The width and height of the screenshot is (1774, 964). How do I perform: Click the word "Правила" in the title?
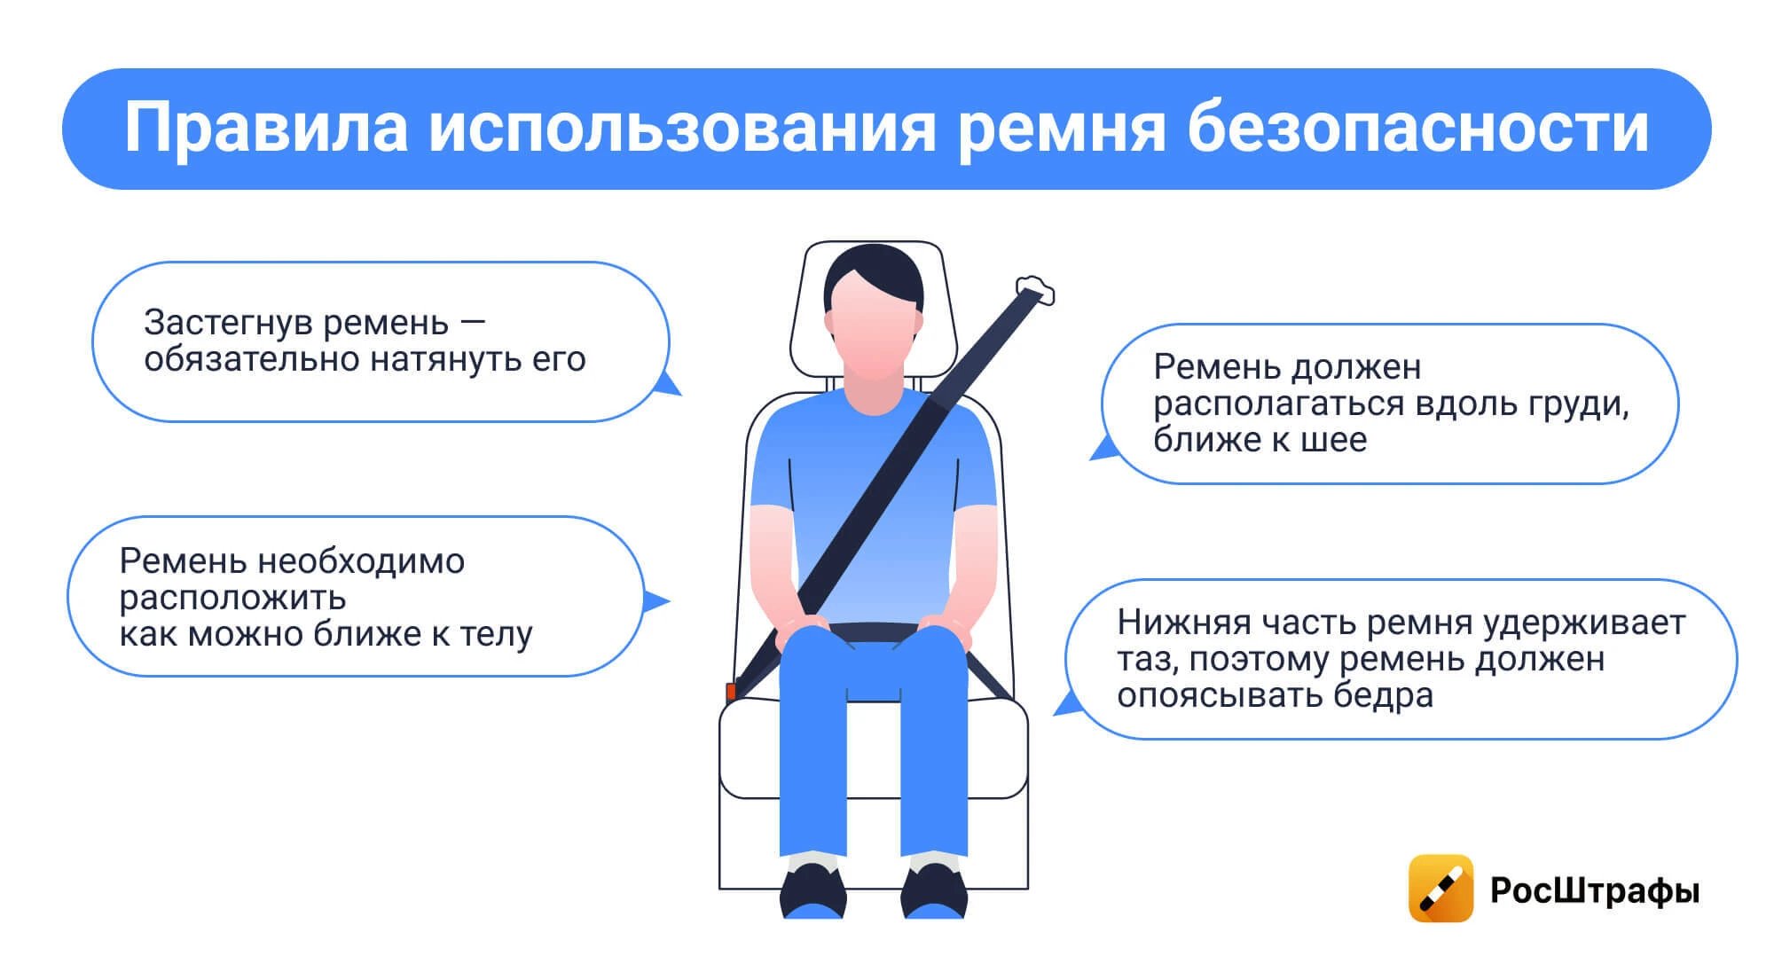[x=266, y=129]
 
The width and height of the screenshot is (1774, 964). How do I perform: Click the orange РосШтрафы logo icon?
[x=1440, y=888]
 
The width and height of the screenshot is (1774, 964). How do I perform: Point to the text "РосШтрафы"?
[x=1595, y=890]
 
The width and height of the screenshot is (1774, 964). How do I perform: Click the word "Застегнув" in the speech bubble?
[x=228, y=323]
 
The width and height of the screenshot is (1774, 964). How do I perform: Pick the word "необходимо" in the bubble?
[x=361, y=561]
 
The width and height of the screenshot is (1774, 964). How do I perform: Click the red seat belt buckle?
[x=731, y=691]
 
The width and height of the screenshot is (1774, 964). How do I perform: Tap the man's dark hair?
[x=874, y=273]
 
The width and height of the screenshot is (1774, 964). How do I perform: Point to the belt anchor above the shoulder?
[x=1035, y=290]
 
